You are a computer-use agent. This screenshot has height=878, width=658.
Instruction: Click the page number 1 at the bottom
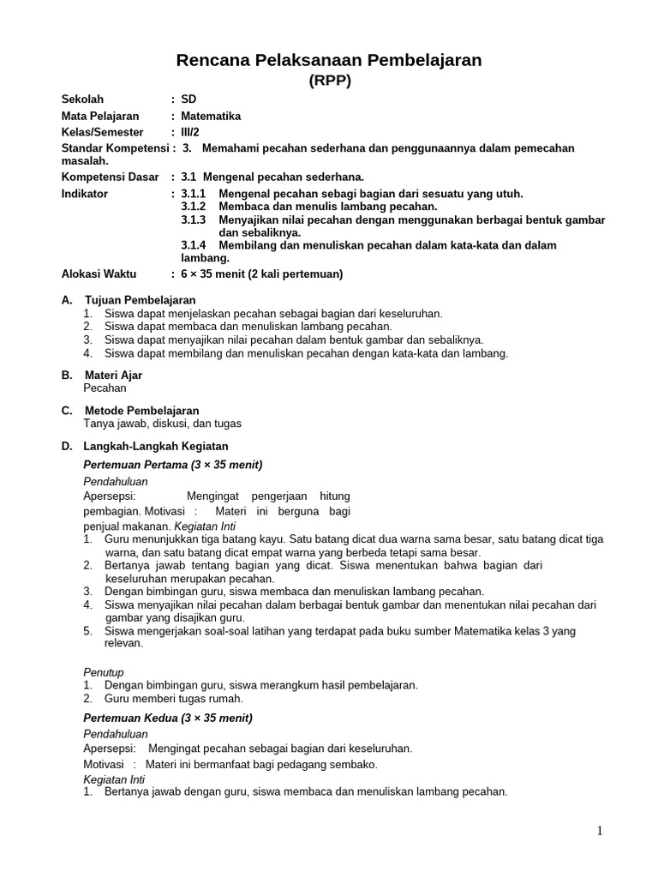[x=601, y=831]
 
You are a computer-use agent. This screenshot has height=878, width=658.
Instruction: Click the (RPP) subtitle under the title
[x=329, y=81]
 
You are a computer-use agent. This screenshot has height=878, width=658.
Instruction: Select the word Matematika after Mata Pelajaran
[x=211, y=116]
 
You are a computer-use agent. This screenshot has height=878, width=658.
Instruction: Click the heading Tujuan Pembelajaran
[x=141, y=300]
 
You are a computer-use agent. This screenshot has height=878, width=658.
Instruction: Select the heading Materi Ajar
[x=113, y=376]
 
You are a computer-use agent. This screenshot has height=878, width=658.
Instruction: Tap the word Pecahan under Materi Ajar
[x=105, y=388]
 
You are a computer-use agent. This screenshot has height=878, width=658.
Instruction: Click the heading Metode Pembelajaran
[x=141, y=411]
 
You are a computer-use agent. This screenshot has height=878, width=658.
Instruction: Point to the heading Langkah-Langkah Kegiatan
[x=156, y=446]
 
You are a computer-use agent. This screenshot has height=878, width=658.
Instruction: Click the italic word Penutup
[x=104, y=672]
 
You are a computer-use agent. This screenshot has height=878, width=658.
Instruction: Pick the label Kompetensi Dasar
[x=111, y=177]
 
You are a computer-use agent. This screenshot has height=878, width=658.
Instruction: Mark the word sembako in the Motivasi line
[x=354, y=764]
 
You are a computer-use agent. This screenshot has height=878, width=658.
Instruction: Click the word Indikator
[x=85, y=194]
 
